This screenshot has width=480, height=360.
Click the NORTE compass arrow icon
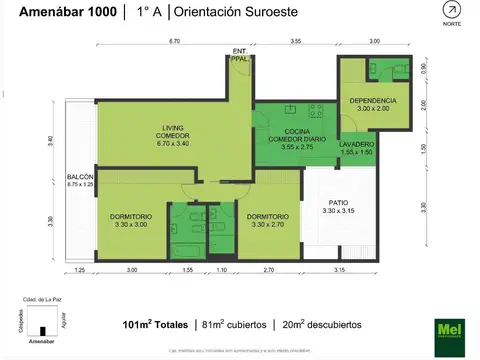453,11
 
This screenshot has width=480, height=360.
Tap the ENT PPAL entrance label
240,54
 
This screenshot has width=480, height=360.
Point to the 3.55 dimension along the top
296,42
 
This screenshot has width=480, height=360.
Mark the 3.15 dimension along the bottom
339,270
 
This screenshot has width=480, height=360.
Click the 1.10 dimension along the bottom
222,270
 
